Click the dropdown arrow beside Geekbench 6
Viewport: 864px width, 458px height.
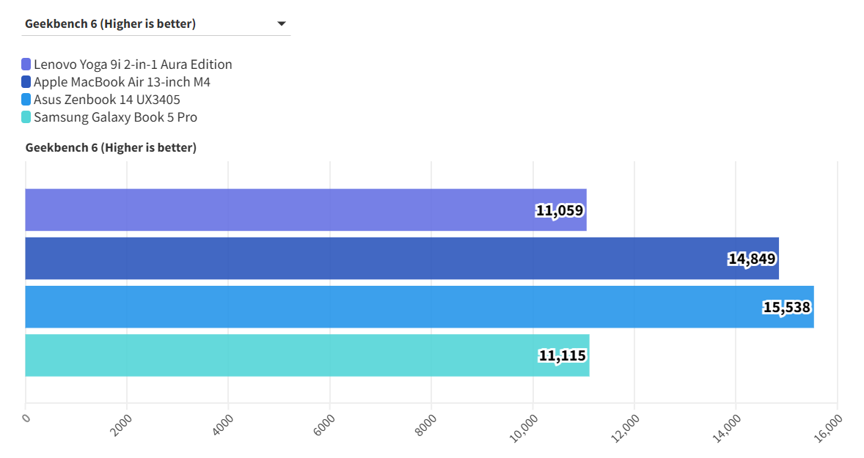282,23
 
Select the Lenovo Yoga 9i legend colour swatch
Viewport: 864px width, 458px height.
26,64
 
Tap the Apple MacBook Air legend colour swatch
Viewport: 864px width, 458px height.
26,82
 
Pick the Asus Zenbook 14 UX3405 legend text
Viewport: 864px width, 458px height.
107,100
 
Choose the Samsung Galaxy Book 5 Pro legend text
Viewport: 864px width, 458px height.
115,117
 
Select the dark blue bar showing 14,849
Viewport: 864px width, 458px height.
367,258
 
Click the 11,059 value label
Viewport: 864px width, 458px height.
560,211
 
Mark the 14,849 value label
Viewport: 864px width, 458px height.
752,259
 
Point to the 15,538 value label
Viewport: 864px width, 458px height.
787,307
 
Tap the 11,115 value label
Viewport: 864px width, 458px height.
563,356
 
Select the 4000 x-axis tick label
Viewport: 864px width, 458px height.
223,424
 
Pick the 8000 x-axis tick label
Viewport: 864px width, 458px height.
425,424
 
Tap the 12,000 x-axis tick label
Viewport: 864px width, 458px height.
625,427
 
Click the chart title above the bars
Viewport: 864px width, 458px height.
111,147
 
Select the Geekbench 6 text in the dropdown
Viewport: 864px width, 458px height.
110,23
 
